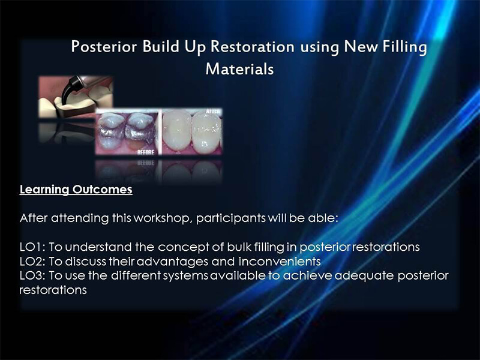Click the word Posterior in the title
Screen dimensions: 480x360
[x=104, y=47]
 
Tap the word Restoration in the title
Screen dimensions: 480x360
[x=253, y=47]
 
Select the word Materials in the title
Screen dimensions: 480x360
[x=239, y=69]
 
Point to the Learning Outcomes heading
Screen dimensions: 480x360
[x=76, y=190]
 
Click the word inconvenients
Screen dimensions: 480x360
[x=280, y=262]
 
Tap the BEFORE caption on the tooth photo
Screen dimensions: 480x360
[x=146, y=152]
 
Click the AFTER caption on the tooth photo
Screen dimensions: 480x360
[x=213, y=112]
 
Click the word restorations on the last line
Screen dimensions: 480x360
[x=53, y=290]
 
